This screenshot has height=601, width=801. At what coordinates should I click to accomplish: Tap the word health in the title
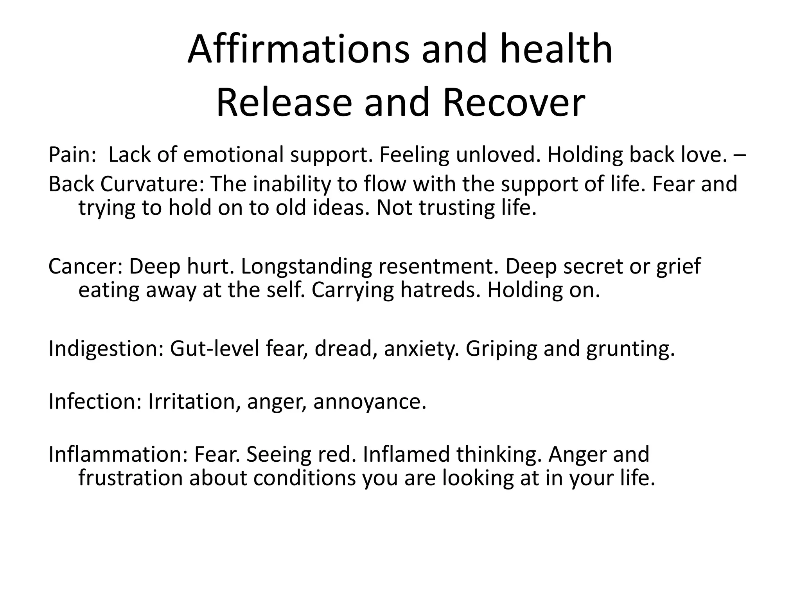(x=556, y=50)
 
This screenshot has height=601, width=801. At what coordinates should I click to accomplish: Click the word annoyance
(x=370, y=402)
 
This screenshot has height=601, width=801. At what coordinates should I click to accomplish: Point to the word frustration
(x=131, y=478)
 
